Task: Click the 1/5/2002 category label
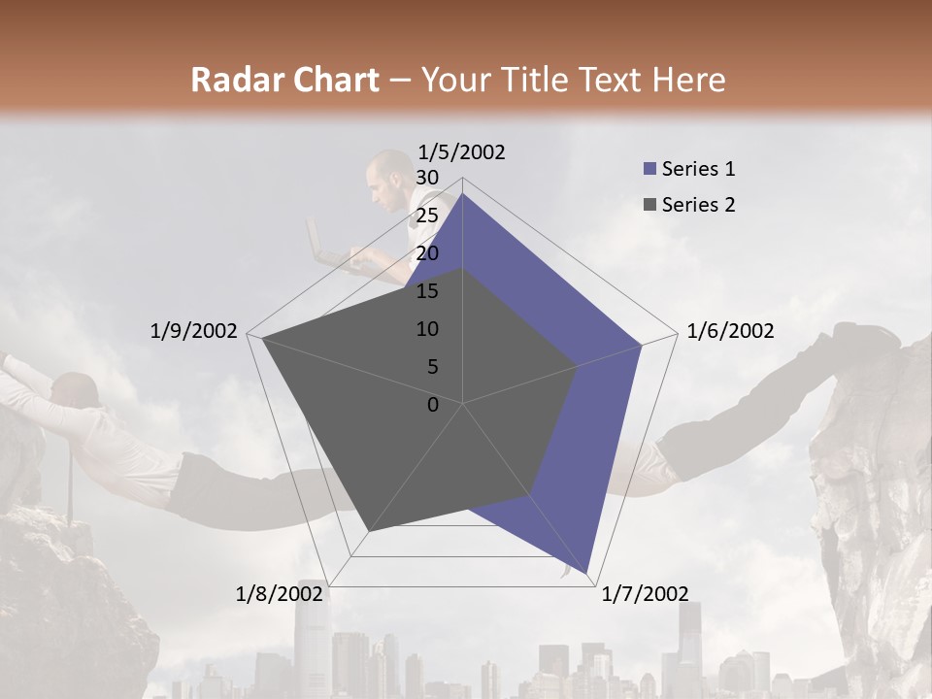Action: click(462, 151)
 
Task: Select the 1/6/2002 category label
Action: click(730, 331)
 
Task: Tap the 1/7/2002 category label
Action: click(645, 594)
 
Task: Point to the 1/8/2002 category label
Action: click(280, 594)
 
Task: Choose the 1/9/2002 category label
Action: click(194, 331)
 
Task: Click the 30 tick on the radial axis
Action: click(427, 178)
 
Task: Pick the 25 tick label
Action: click(427, 216)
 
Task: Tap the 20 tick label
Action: click(427, 253)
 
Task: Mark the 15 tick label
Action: click(427, 291)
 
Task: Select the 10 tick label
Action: click(427, 329)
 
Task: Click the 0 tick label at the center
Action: click(433, 405)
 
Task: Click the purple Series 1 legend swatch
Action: click(649, 169)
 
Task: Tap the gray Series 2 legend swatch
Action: click(649, 205)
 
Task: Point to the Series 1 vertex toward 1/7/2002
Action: click(588, 573)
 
